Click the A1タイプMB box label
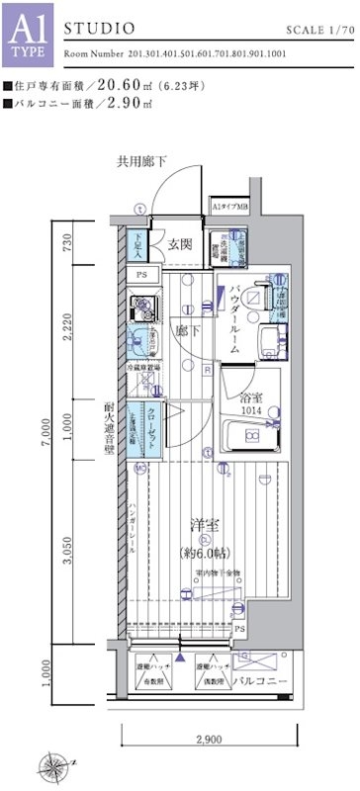[x=228, y=209]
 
